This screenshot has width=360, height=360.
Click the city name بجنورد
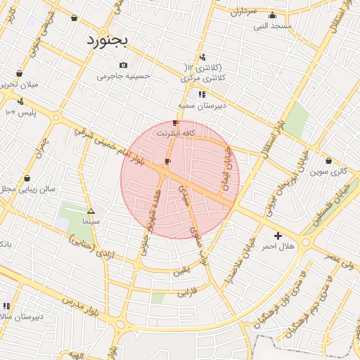(x=108, y=39)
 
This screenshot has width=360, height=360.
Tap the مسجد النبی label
(x=274, y=25)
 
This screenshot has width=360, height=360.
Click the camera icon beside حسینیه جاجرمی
(x=123, y=65)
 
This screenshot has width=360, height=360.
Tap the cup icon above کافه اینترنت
(x=175, y=123)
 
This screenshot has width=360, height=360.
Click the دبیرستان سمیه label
(x=196, y=104)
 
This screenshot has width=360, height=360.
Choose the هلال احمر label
(x=277, y=246)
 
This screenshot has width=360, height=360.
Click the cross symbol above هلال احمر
(x=278, y=236)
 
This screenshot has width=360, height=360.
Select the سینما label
(x=91, y=221)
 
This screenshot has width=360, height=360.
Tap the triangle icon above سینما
(x=91, y=211)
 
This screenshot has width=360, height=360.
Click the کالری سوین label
(x=329, y=171)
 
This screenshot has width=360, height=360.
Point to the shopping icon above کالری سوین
(x=329, y=161)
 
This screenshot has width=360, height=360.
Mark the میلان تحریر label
(x=19, y=84)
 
